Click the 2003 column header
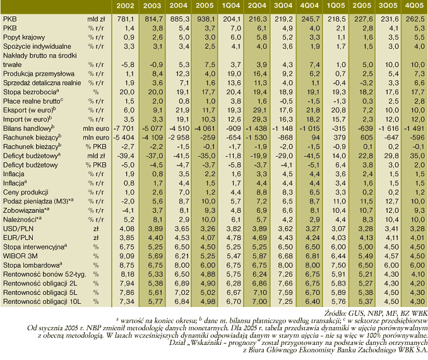coord(152,6)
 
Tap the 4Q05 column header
coord(414,6)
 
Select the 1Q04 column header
coord(231,6)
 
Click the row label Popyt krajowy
coord(24,37)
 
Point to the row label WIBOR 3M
coord(20,256)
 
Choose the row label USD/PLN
coord(18,229)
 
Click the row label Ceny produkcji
coord(26,192)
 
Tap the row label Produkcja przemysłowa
coord(39,74)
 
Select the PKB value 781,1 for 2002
coord(126,19)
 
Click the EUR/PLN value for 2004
coord(179,238)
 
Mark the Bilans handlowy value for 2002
coord(124,128)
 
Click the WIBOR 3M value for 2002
coord(127,256)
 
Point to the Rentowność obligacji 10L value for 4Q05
coord(417,302)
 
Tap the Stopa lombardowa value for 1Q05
coord(338,265)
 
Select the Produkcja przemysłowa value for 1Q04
coord(234,74)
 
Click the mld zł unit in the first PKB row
coord(96,19)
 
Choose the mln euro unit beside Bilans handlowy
coord(96,128)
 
